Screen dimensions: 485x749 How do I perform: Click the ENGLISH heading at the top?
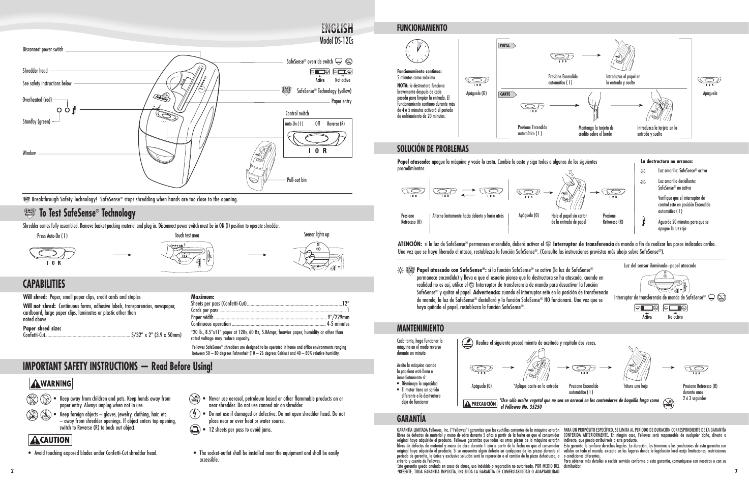[x=338, y=28]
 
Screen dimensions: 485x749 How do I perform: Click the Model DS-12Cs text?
[x=337, y=40]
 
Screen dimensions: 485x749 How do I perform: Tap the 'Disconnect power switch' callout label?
[x=43, y=50]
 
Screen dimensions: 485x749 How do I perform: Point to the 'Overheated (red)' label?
[x=37, y=100]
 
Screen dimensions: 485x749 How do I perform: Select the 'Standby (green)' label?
[x=37, y=122]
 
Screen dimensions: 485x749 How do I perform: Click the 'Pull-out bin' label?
[x=296, y=180]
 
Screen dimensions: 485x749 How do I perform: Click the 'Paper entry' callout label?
[x=341, y=102]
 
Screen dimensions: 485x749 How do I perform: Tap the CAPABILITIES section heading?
[x=44, y=284]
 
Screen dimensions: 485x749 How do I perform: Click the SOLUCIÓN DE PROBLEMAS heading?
[x=433, y=148]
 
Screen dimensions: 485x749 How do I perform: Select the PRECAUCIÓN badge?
[x=480, y=404]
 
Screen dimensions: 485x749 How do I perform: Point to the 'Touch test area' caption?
[x=187, y=235]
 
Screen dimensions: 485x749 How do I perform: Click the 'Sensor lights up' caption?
[x=316, y=234]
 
